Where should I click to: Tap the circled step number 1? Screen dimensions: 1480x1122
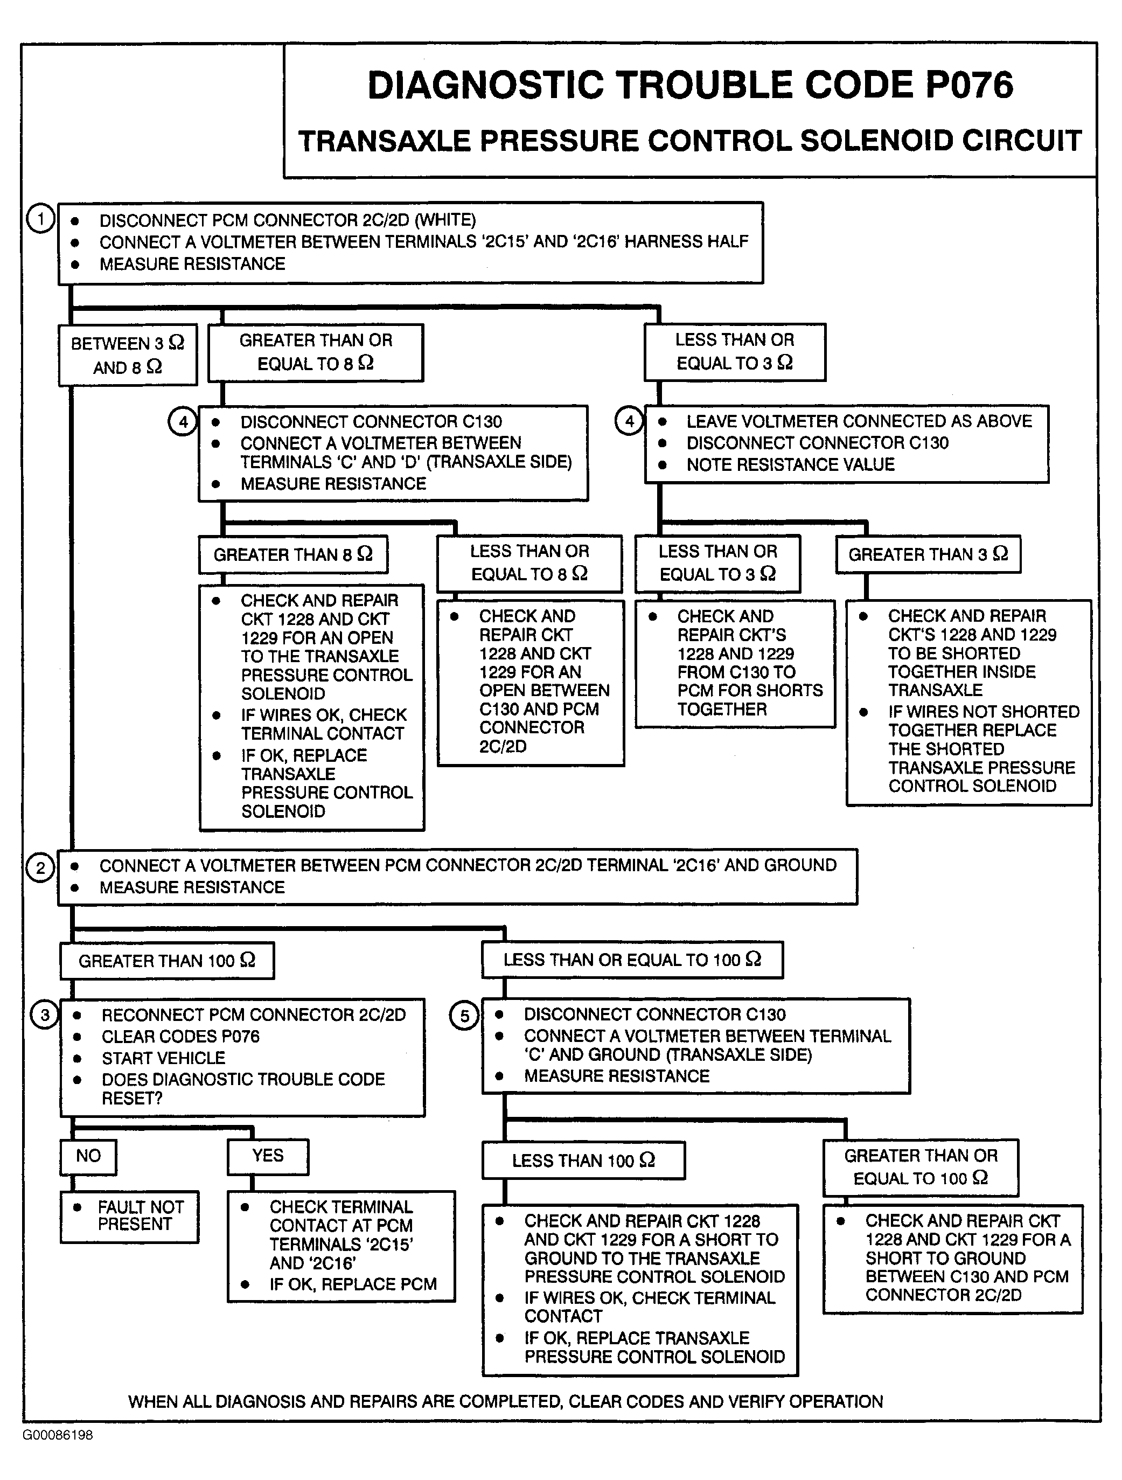pos(40,219)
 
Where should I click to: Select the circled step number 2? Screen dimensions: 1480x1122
pos(40,868)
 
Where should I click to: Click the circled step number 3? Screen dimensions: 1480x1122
pos(44,1015)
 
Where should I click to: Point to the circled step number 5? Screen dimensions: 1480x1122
pos(464,1016)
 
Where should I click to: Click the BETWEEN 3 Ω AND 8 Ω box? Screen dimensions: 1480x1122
pos(127,355)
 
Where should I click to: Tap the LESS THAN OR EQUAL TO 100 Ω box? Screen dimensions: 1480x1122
pos(632,960)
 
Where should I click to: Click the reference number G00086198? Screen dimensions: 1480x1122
pos(58,1435)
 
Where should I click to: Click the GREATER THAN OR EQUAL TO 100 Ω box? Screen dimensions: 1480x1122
pos(920,1167)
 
